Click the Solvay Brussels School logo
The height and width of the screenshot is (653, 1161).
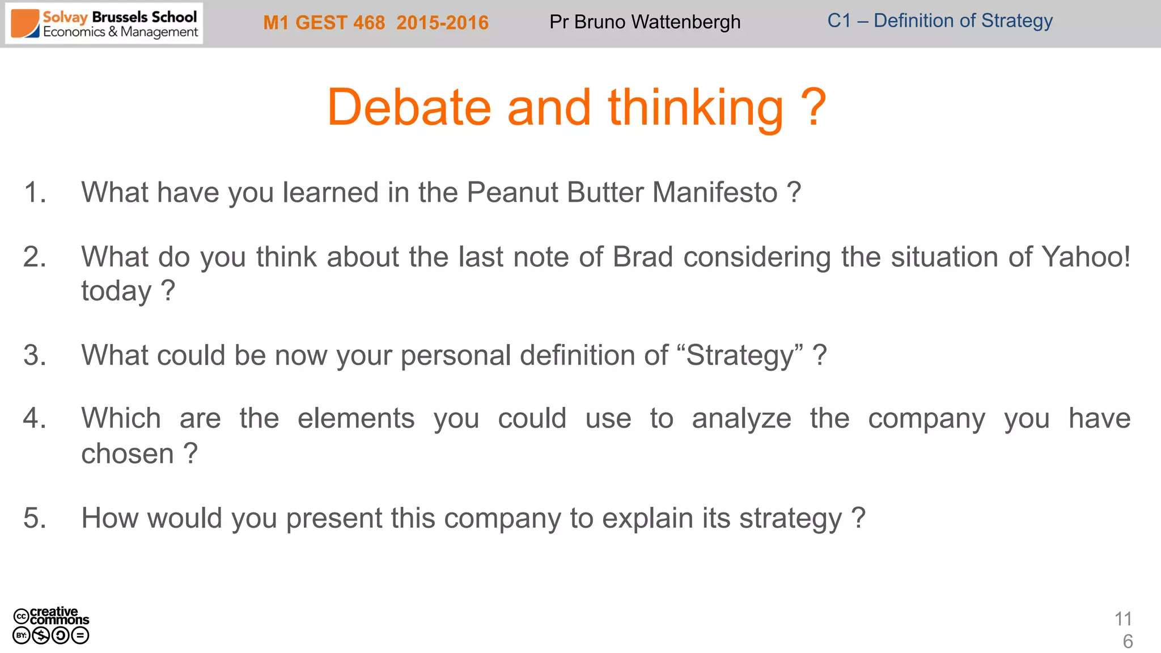click(x=104, y=24)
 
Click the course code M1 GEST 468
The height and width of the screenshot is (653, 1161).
click(x=324, y=23)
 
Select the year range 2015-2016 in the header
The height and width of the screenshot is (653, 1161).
click(x=442, y=23)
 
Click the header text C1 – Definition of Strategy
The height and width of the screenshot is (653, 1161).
click(x=939, y=21)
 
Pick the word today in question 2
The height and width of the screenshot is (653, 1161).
click(x=116, y=291)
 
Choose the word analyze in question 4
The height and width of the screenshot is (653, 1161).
click(x=741, y=419)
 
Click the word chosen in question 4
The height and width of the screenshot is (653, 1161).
click(x=127, y=454)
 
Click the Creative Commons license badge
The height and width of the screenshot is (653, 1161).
click(x=51, y=626)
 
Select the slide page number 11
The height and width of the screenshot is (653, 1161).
click(x=1123, y=618)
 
